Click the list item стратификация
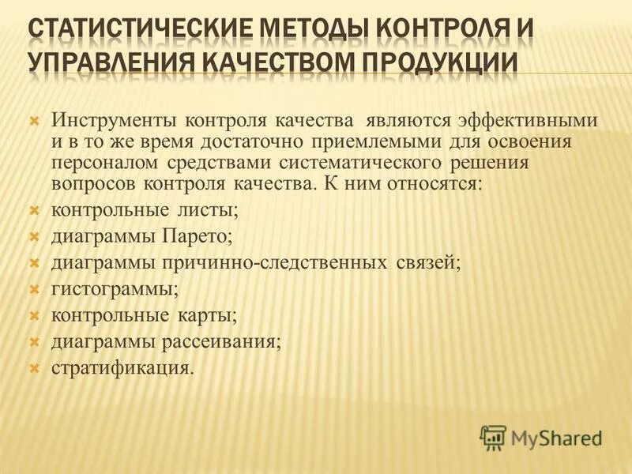coord(122,367)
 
